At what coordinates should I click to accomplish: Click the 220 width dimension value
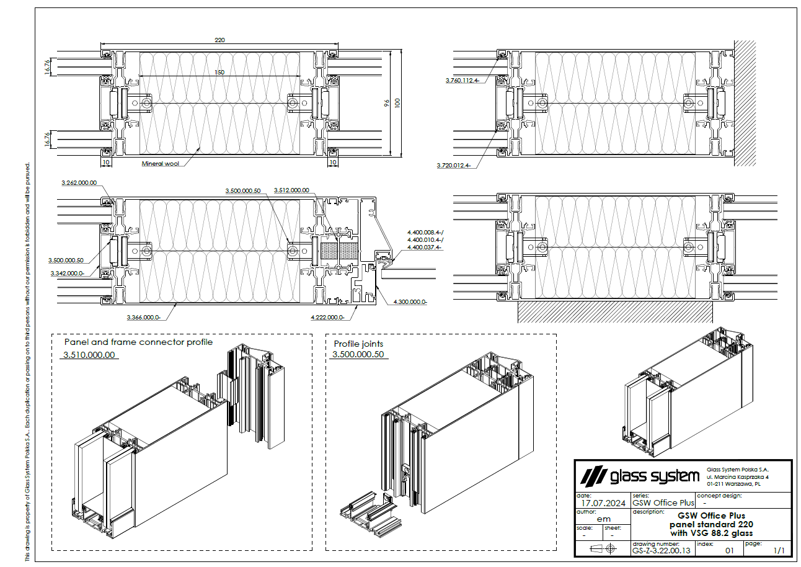[x=219, y=40]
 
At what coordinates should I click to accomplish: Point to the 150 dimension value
[x=219, y=73]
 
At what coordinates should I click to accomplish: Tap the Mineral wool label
[x=160, y=164]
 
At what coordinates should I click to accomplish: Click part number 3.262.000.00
[x=79, y=183]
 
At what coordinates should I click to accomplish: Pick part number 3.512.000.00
[x=291, y=190]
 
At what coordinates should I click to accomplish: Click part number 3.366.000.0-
[x=144, y=317]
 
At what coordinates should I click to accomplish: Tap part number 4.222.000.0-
[x=327, y=317]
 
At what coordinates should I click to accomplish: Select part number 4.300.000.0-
[x=410, y=301]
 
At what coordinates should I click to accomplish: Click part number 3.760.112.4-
[x=462, y=81]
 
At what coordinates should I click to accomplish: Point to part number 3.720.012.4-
[x=454, y=166]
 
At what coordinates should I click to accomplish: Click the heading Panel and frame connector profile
[x=138, y=342]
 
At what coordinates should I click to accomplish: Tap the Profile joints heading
[x=358, y=344]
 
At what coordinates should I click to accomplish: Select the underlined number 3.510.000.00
[x=89, y=355]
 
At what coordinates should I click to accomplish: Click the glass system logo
[x=639, y=476]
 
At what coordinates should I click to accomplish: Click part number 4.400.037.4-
[x=424, y=247]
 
